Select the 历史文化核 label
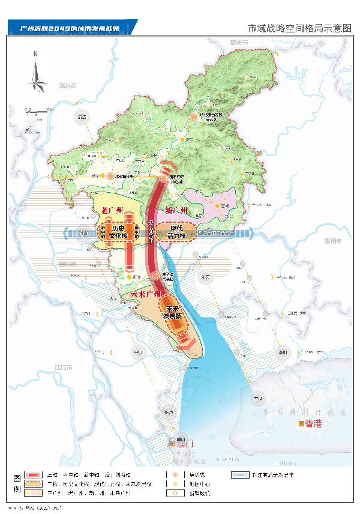click(117, 232)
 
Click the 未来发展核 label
click(173, 312)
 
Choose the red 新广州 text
click(176, 211)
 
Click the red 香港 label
click(313, 424)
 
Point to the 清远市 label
click(68, 86)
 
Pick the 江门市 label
click(63, 366)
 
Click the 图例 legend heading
click(17, 483)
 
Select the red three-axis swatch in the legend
click(33, 474)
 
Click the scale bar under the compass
click(36, 111)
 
